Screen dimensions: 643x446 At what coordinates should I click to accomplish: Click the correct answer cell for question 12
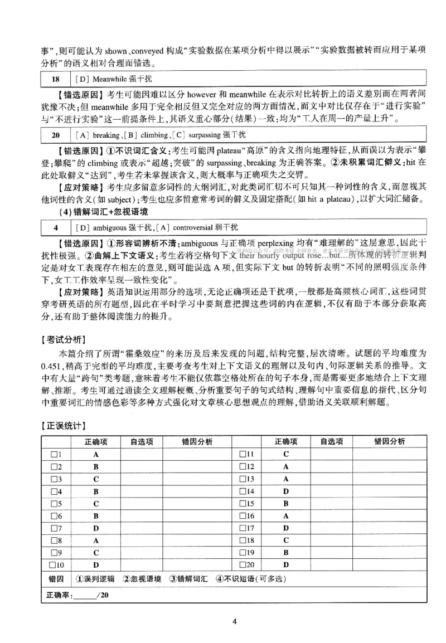pos(285,466)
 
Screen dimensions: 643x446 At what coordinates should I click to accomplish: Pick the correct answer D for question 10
pos(96,564)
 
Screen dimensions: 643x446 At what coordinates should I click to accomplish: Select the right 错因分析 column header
pos(389,442)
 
